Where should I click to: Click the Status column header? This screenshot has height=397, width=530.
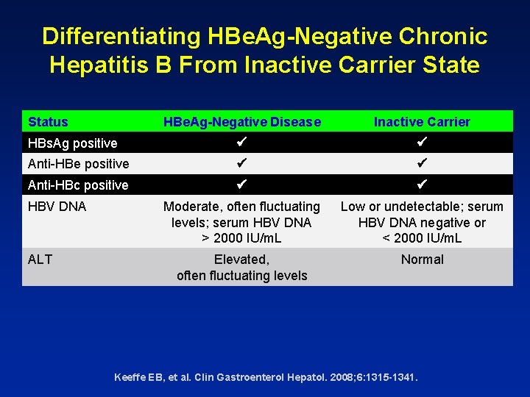pyautogui.click(x=48, y=122)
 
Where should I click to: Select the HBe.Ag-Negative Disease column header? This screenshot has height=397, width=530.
pyautogui.click(x=242, y=122)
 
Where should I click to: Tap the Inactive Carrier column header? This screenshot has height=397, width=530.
pyautogui.click(x=422, y=122)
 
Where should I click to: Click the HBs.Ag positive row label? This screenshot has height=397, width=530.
pyautogui.click(x=72, y=143)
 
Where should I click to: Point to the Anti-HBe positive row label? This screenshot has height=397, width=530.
pyautogui.click(x=78, y=164)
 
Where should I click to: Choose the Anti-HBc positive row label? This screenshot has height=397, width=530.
pyautogui.click(x=78, y=185)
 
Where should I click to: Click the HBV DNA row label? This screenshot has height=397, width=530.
pyautogui.click(x=57, y=207)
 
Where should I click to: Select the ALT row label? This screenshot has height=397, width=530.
pyautogui.click(x=40, y=260)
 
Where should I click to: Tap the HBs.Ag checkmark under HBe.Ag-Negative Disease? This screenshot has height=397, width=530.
pyautogui.click(x=242, y=142)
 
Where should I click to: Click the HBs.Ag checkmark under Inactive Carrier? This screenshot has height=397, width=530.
pyautogui.click(x=422, y=142)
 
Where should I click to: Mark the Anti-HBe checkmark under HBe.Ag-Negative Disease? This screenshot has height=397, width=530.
pyautogui.click(x=242, y=163)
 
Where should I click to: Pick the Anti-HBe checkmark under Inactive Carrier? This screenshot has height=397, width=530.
pyautogui.click(x=422, y=163)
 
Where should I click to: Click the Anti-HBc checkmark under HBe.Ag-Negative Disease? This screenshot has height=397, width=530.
pyautogui.click(x=242, y=185)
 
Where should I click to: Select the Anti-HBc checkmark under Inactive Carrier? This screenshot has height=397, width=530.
pyautogui.click(x=422, y=185)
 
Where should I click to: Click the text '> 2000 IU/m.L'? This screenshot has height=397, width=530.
pyautogui.click(x=242, y=238)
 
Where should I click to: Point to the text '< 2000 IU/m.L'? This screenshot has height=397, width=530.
pyautogui.click(x=422, y=238)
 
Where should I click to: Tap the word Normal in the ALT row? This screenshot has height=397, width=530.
pyautogui.click(x=422, y=260)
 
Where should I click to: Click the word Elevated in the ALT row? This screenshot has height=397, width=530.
pyautogui.click(x=241, y=260)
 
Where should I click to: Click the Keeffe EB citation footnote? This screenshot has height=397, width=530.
pyautogui.click(x=266, y=377)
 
